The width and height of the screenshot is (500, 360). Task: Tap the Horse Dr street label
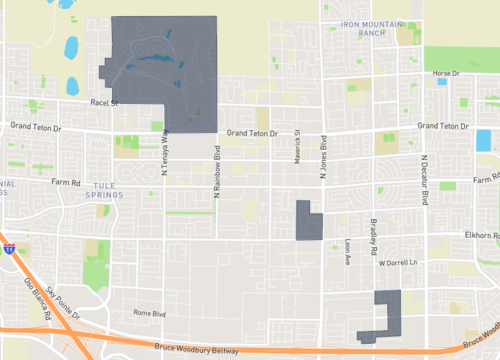coord(445,73)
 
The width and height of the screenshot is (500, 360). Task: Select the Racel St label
coord(104,102)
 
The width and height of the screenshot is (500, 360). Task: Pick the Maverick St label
coord(297,151)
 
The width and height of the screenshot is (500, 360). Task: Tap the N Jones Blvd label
coord(323,159)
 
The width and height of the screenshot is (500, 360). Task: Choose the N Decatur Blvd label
coord(424,180)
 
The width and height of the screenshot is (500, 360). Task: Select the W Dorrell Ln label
coord(395,263)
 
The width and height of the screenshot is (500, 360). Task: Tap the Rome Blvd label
coord(149,313)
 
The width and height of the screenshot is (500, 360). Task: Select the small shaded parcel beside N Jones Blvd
coord(308,222)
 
